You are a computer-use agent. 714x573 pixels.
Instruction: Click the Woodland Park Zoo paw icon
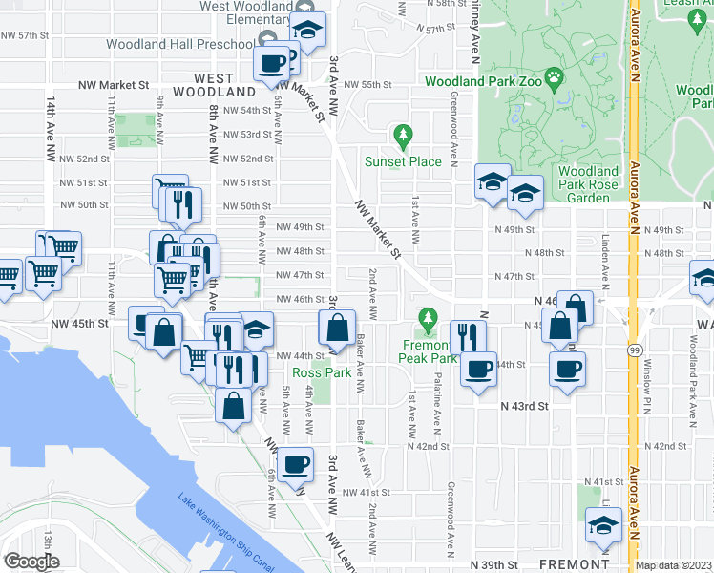[554, 75]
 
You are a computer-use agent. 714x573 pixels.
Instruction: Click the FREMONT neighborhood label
[568, 564]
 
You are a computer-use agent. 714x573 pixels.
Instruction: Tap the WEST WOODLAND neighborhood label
[224, 85]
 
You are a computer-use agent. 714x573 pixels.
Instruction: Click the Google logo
[31, 562]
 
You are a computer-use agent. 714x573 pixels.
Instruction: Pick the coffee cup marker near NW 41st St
[295, 462]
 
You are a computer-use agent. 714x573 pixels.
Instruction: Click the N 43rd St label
[526, 406]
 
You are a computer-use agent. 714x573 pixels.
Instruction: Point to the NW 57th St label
[25, 35]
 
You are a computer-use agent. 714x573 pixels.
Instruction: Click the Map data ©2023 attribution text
[674, 565]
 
